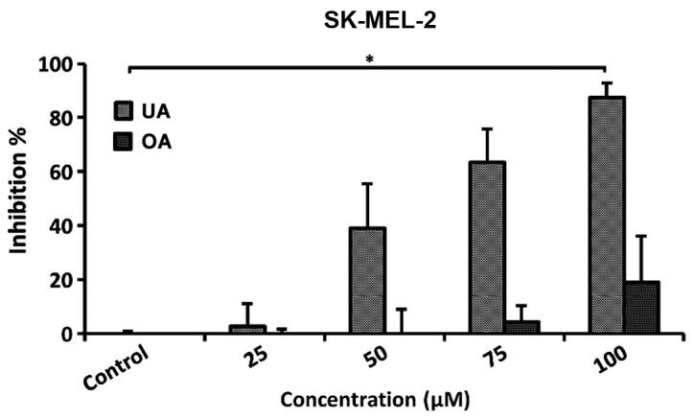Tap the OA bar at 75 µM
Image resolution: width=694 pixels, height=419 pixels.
521,328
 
